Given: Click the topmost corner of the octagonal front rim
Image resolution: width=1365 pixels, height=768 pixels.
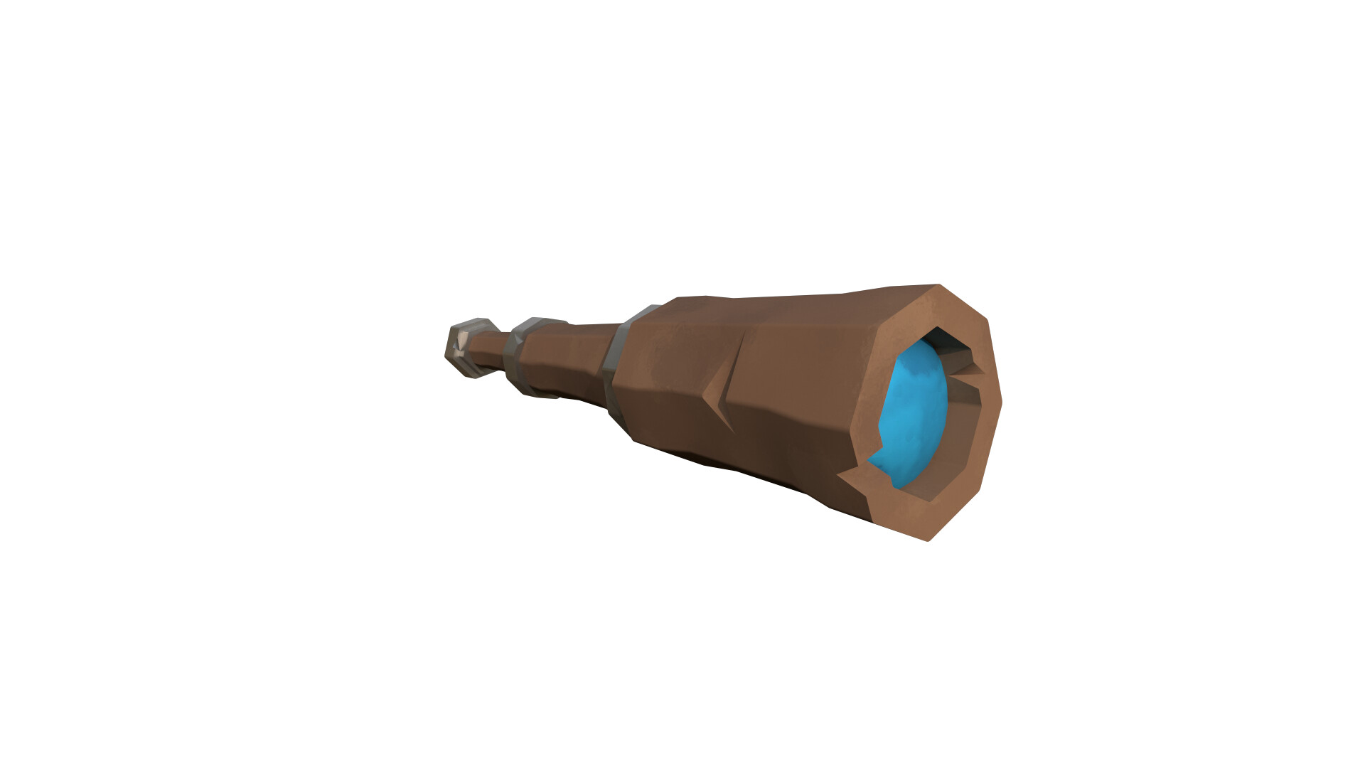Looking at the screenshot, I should [940, 286].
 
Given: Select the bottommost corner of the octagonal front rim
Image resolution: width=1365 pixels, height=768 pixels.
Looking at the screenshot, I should [928, 540].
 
